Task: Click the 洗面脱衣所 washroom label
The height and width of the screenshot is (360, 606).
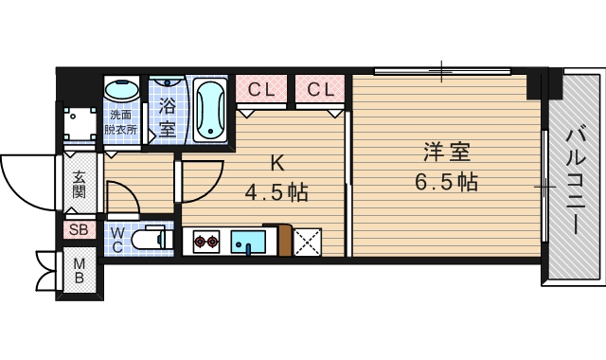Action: point(120,122)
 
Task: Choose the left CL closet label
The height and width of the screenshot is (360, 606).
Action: point(261,91)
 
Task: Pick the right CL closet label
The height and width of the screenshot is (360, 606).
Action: point(320,91)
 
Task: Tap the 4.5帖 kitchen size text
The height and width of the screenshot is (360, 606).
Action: point(276,193)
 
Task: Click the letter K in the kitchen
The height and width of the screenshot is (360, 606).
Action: point(277,161)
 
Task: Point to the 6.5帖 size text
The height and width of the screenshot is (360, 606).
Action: point(445,181)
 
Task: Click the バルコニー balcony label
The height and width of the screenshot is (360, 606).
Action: point(575,184)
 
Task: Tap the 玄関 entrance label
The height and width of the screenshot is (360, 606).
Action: point(78,185)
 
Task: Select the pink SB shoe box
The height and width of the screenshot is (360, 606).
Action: point(78,229)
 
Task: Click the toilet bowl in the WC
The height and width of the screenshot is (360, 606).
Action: point(150,240)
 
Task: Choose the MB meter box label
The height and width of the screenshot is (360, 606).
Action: point(80,271)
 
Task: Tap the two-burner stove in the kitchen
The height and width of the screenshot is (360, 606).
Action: point(206,242)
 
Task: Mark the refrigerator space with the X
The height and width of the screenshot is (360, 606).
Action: point(307,243)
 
